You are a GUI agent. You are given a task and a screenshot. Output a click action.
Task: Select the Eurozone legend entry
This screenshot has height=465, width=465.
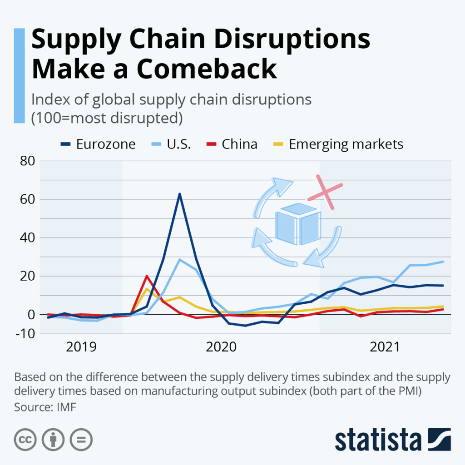(105, 144)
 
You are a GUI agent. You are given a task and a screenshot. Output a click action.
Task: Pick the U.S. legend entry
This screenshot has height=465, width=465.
(179, 144)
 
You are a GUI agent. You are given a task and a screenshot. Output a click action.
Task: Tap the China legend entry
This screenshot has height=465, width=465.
(239, 144)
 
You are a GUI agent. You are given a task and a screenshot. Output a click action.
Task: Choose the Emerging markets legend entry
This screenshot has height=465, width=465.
(346, 144)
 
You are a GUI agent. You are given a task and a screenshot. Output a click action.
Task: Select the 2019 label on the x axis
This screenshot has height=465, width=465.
(81, 347)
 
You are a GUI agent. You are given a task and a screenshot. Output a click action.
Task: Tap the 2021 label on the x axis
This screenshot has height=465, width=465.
(385, 347)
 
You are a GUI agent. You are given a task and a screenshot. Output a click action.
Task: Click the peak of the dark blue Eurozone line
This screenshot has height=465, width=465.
(180, 194)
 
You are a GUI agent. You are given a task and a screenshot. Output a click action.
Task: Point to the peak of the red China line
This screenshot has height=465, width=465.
(147, 276)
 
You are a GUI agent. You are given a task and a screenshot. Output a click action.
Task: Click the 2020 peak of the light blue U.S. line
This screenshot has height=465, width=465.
(180, 260)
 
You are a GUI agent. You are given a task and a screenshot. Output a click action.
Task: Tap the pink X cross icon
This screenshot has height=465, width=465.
(325, 192)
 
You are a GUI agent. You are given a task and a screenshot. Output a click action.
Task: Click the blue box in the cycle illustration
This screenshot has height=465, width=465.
(298, 223)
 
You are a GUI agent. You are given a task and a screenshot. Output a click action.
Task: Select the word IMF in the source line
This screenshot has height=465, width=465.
(67, 407)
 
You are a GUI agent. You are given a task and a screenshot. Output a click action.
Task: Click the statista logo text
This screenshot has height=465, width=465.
(378, 439)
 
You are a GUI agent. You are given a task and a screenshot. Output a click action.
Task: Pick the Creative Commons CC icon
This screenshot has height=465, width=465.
(25, 439)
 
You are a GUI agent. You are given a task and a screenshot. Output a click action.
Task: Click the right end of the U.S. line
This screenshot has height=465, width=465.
(443, 262)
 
